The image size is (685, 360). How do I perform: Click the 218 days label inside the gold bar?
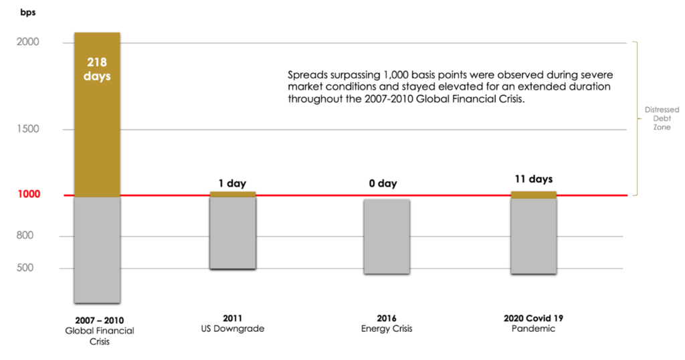(97, 69)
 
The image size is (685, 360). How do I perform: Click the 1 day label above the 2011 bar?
(233, 183)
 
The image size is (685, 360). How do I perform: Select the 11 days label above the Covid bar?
(533, 179)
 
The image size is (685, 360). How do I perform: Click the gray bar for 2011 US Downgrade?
(233, 233)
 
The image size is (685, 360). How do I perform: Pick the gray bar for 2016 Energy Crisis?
(387, 236)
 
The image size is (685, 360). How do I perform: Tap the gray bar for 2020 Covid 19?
(533, 236)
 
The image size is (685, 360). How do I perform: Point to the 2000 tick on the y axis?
(28, 42)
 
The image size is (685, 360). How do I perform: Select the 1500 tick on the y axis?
(28, 129)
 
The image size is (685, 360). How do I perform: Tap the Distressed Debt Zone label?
(661, 119)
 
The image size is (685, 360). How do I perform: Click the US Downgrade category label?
(233, 329)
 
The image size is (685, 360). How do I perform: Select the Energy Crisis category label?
(387, 329)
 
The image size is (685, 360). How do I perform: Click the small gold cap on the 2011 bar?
(233, 194)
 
